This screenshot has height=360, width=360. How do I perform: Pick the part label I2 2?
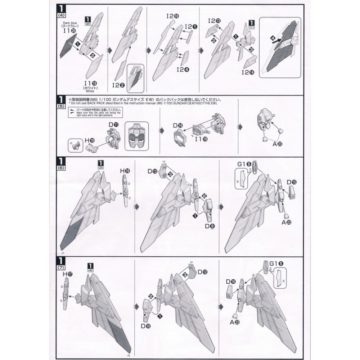[118, 85]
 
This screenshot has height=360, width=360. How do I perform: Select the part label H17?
[68, 274]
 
